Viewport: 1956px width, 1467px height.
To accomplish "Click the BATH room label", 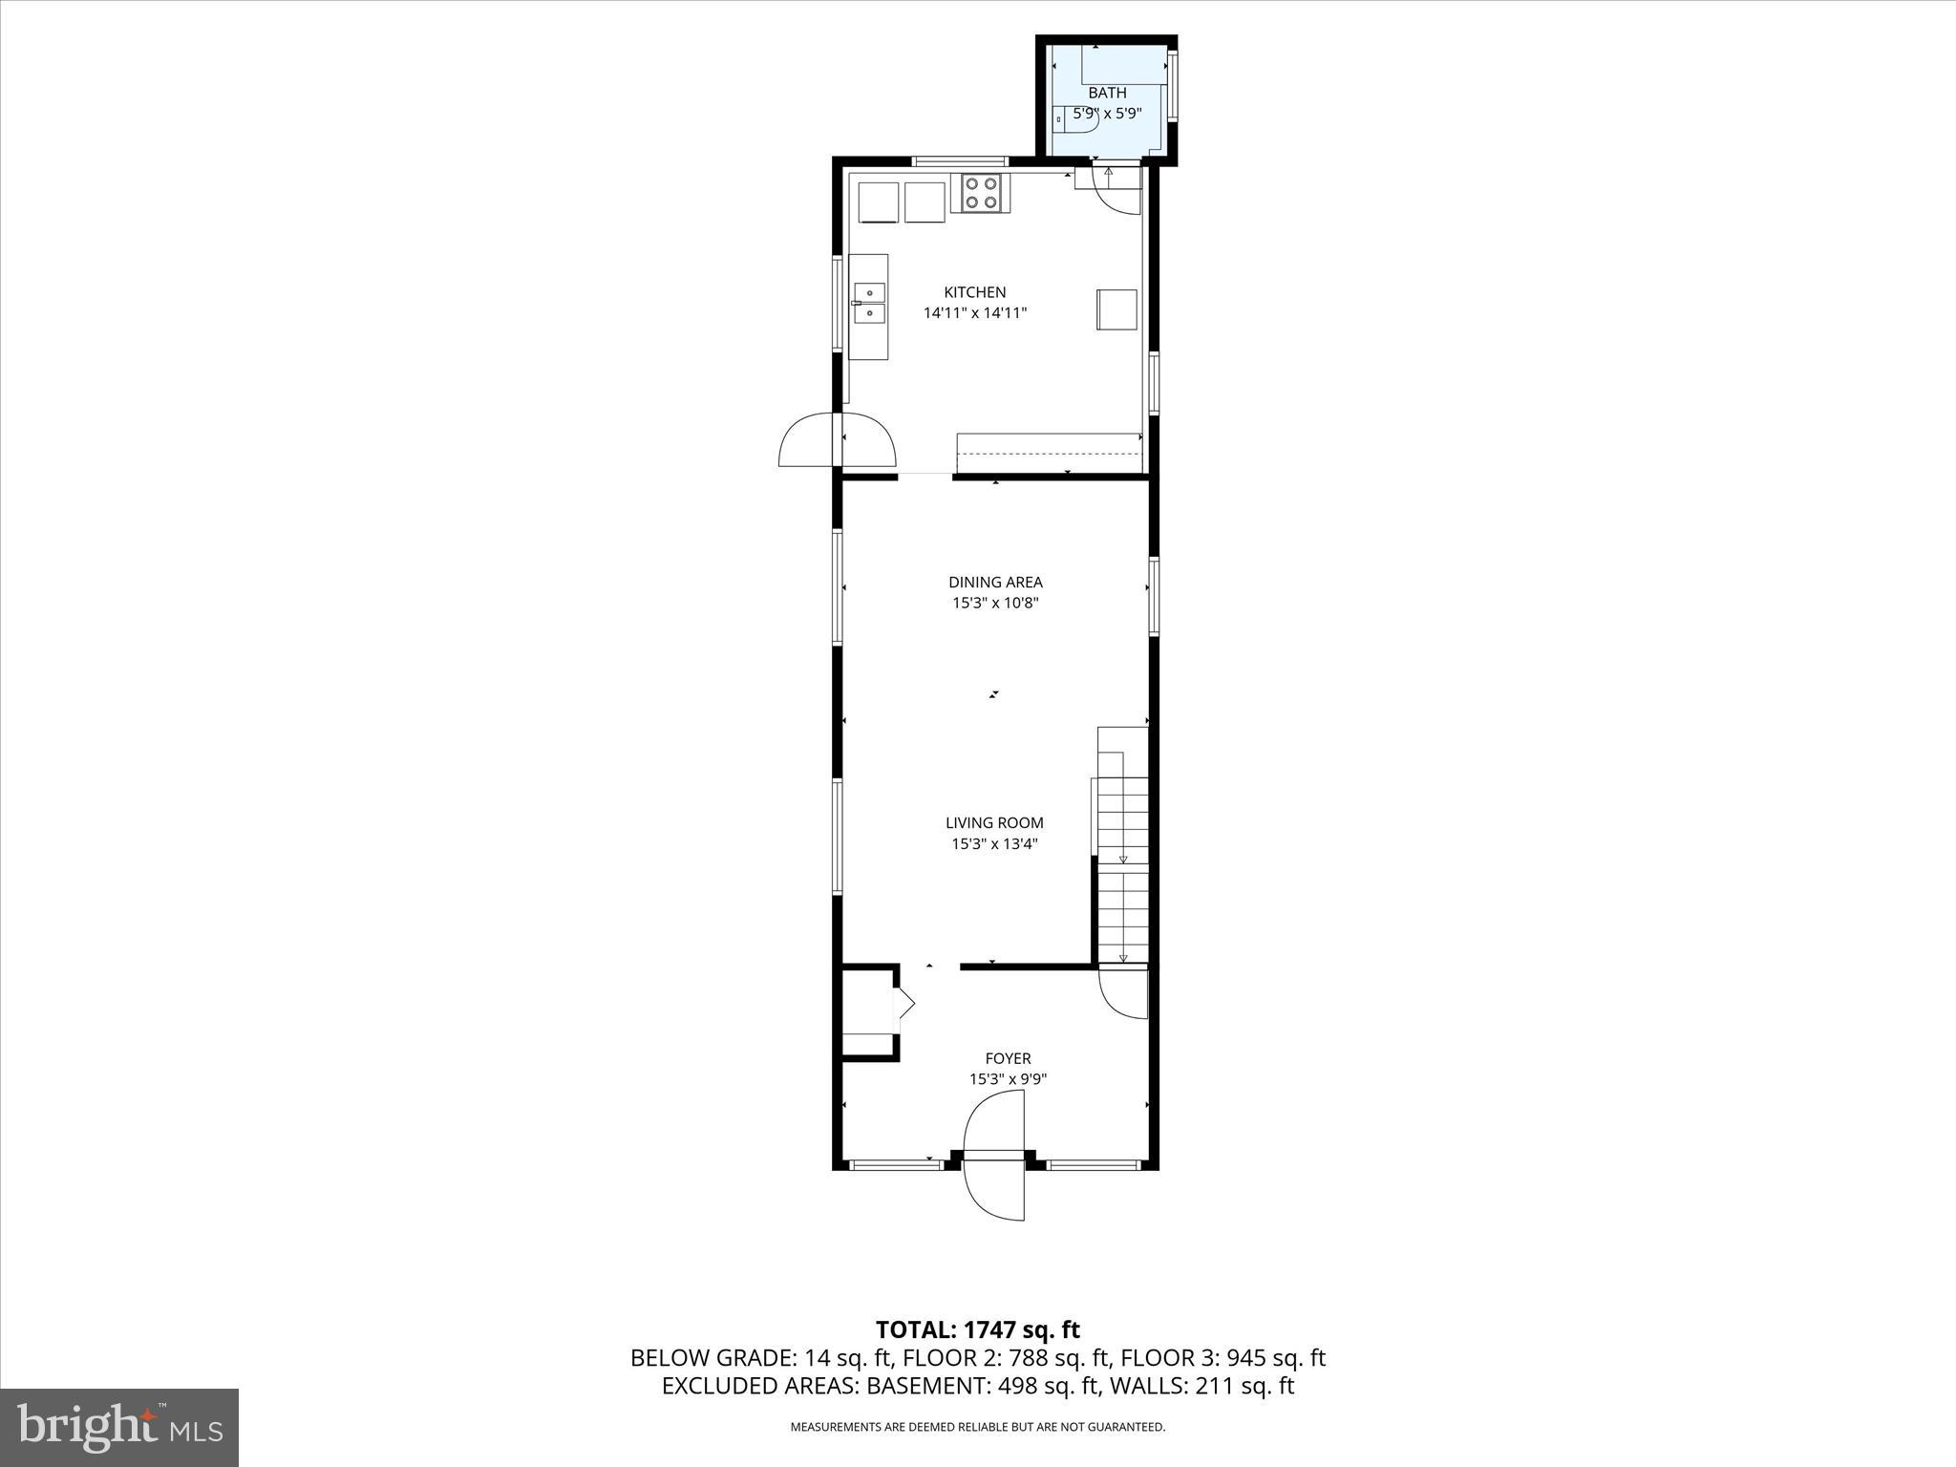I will pos(1107,93).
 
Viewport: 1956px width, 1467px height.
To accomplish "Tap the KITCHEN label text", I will pos(974,292).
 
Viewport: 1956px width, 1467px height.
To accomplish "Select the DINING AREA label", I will pos(995,582).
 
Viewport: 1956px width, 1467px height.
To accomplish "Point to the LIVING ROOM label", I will pos(994,822).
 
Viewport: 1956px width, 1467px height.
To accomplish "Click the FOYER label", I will pos(1008,1058).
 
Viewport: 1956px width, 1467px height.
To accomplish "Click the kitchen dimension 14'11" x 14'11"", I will pos(974,312).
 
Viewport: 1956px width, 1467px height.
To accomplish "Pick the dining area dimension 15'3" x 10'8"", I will pos(995,603).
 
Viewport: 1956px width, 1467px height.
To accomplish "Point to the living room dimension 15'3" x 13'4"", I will pos(994,843).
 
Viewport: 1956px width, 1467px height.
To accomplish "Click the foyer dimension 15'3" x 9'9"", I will pos(1008,1079).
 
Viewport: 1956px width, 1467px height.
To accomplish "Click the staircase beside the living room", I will pos(1122,845).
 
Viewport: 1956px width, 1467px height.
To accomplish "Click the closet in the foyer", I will pos(867,1010).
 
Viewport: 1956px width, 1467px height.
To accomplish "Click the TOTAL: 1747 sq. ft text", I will pos(977,1329).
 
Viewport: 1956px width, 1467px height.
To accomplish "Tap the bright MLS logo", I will pos(119,1427).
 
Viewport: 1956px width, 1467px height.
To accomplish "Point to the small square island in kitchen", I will pos(1116,309).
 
